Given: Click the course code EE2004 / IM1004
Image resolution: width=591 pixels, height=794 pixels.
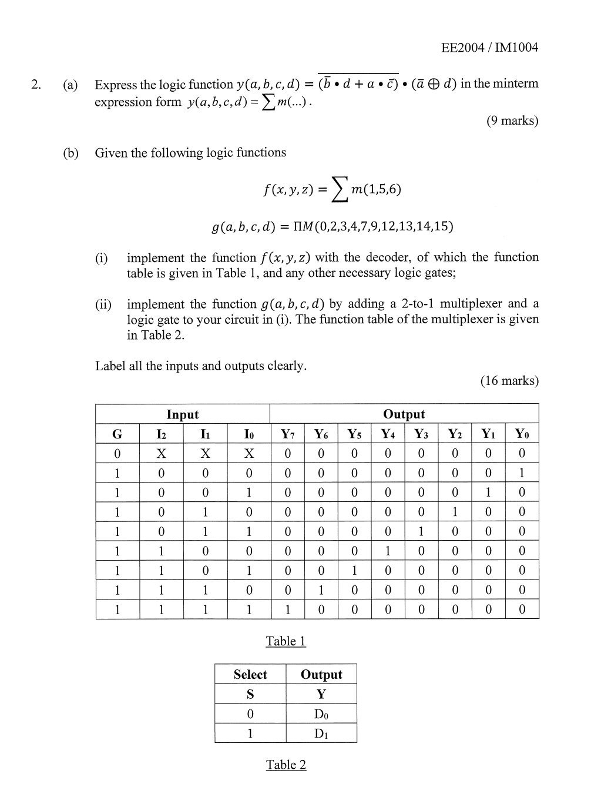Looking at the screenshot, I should coord(489,48).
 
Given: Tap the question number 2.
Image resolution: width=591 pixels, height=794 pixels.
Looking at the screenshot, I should coord(36,85).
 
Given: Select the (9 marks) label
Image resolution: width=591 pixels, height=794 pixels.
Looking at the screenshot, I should coord(512,120).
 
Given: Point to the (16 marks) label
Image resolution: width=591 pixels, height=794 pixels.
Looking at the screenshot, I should coord(509,381).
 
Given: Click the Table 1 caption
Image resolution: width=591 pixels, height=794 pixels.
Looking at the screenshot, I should coord(286,641).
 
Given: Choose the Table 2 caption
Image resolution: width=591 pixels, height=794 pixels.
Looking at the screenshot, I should coord(286,765).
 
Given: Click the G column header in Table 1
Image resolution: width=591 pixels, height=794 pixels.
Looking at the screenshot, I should coord(117,434).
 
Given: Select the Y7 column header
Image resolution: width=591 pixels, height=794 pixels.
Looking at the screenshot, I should coord(287,434).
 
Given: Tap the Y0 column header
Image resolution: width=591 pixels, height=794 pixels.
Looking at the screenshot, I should coord(522,434).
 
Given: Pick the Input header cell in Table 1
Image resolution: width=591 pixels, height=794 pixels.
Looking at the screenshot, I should coord(183,414).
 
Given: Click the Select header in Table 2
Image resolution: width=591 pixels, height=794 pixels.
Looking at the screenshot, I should coord(250,674).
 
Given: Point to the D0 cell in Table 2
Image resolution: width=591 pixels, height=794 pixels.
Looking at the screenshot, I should coord(321,714).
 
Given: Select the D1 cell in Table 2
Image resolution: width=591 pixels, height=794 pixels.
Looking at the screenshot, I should coord(321,733).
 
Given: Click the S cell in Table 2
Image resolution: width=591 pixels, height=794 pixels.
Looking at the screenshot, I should coord(250,694).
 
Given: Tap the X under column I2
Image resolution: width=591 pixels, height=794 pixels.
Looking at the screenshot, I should coord(161,454).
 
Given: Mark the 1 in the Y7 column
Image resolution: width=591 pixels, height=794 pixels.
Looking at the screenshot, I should coord(287,609).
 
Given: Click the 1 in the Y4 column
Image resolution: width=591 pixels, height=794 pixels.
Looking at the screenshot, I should coord(387,551).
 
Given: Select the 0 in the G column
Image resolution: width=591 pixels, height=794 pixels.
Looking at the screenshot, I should coord(117,454).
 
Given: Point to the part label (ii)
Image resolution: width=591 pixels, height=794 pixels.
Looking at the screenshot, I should coord(103,304).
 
